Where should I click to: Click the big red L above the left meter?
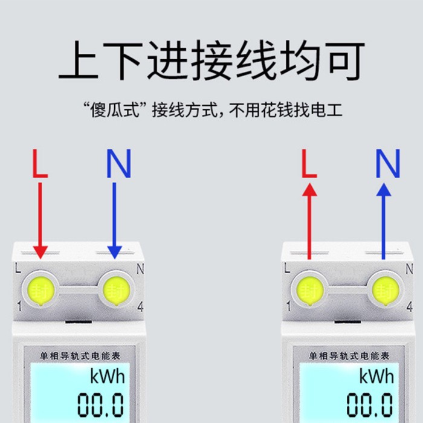tap(40, 163)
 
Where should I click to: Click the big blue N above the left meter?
tap(118, 163)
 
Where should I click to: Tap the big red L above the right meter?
tap(309, 163)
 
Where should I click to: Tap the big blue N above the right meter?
tap(388, 163)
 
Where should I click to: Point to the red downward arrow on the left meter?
tap(40, 221)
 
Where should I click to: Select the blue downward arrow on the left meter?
tap(114, 221)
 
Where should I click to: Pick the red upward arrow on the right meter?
tap(309, 221)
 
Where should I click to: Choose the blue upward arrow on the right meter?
tap(384, 221)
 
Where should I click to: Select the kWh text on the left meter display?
tap(108, 376)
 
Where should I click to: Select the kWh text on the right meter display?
tap(376, 376)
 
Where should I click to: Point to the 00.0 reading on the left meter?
tap(101, 405)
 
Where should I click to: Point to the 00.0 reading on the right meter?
tap(370, 405)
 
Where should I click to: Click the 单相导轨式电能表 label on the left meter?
tap(80, 356)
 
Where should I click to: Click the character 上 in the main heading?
tap(78, 60)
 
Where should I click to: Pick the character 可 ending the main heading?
tap(345, 60)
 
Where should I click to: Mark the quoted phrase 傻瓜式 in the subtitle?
tap(115, 110)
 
